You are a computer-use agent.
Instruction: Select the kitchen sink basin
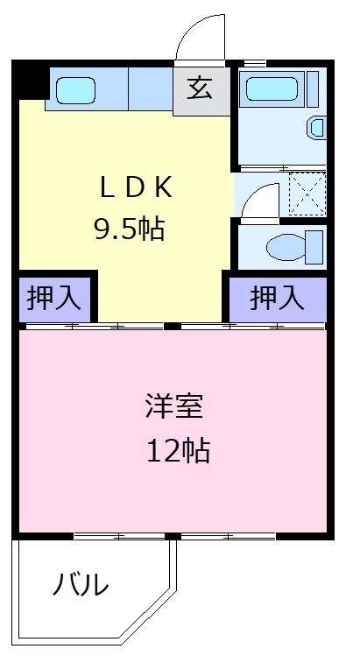(x=76, y=90)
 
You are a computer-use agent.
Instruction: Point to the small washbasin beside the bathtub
(x=317, y=128)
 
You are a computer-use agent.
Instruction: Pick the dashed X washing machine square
(x=307, y=193)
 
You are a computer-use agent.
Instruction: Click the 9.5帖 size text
(x=130, y=229)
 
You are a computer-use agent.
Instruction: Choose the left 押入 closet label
(x=53, y=299)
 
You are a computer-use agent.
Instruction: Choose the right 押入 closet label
(x=277, y=299)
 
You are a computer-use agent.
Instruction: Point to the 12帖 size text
(x=177, y=450)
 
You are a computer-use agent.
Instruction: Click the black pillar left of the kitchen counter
(x=29, y=81)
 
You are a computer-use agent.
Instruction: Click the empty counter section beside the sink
(x=150, y=88)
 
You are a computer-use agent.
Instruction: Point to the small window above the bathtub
(x=254, y=62)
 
